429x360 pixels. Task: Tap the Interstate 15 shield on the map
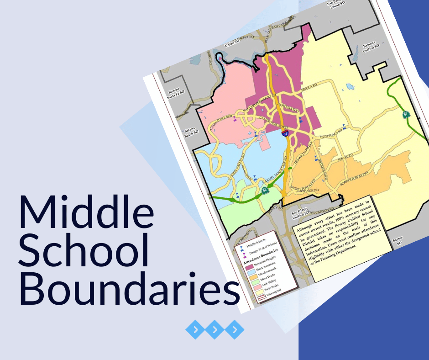[x=285, y=134]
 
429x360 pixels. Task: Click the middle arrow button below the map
[x=215, y=328]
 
